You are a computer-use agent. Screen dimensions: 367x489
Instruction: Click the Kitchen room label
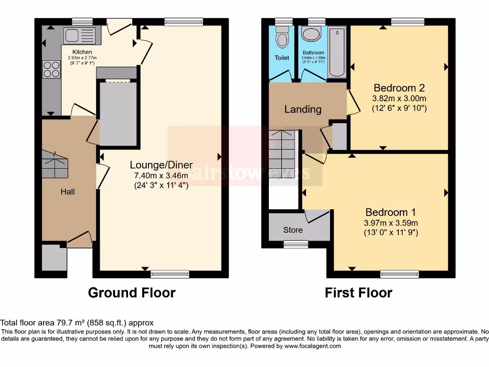[x=82, y=52]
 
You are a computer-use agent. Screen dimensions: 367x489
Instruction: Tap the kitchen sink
[x=79, y=34]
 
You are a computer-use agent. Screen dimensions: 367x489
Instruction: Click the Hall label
[x=67, y=192]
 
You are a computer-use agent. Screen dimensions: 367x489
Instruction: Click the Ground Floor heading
[x=131, y=292]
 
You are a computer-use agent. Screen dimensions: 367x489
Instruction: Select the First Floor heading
[x=359, y=292]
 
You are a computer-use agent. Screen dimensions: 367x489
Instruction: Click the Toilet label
[x=282, y=58]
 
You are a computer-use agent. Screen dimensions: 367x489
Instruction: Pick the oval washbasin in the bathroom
[x=313, y=35]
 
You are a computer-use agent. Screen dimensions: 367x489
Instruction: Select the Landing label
[x=303, y=109]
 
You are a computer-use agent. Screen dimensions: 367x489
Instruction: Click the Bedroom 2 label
[x=399, y=88]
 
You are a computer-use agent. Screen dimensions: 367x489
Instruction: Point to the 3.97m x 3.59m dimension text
[x=391, y=223]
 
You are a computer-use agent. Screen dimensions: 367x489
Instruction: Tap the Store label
[x=293, y=230]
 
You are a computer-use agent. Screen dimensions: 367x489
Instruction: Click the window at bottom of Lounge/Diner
[x=170, y=274]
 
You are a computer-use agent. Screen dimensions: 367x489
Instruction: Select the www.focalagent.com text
[x=313, y=346]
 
